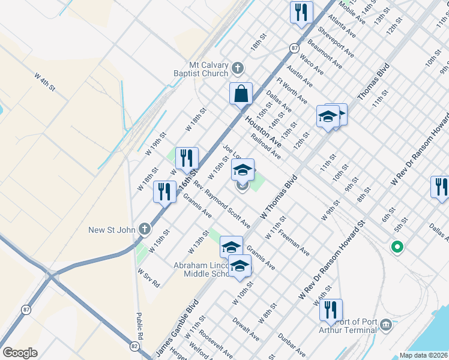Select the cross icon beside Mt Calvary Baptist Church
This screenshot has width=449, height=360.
(x=238, y=67)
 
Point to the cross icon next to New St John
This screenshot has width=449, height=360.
(x=144, y=229)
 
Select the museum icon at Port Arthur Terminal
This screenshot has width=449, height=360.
(x=385, y=325)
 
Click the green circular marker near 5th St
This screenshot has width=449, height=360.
(x=396, y=246)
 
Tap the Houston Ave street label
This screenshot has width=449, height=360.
(x=262, y=131)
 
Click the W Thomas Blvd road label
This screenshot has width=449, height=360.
(x=279, y=197)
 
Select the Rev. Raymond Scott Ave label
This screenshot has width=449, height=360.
(x=221, y=205)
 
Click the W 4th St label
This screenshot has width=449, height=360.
(x=44, y=82)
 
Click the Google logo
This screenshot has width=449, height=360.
(x=20, y=353)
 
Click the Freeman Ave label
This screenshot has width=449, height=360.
(x=294, y=241)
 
